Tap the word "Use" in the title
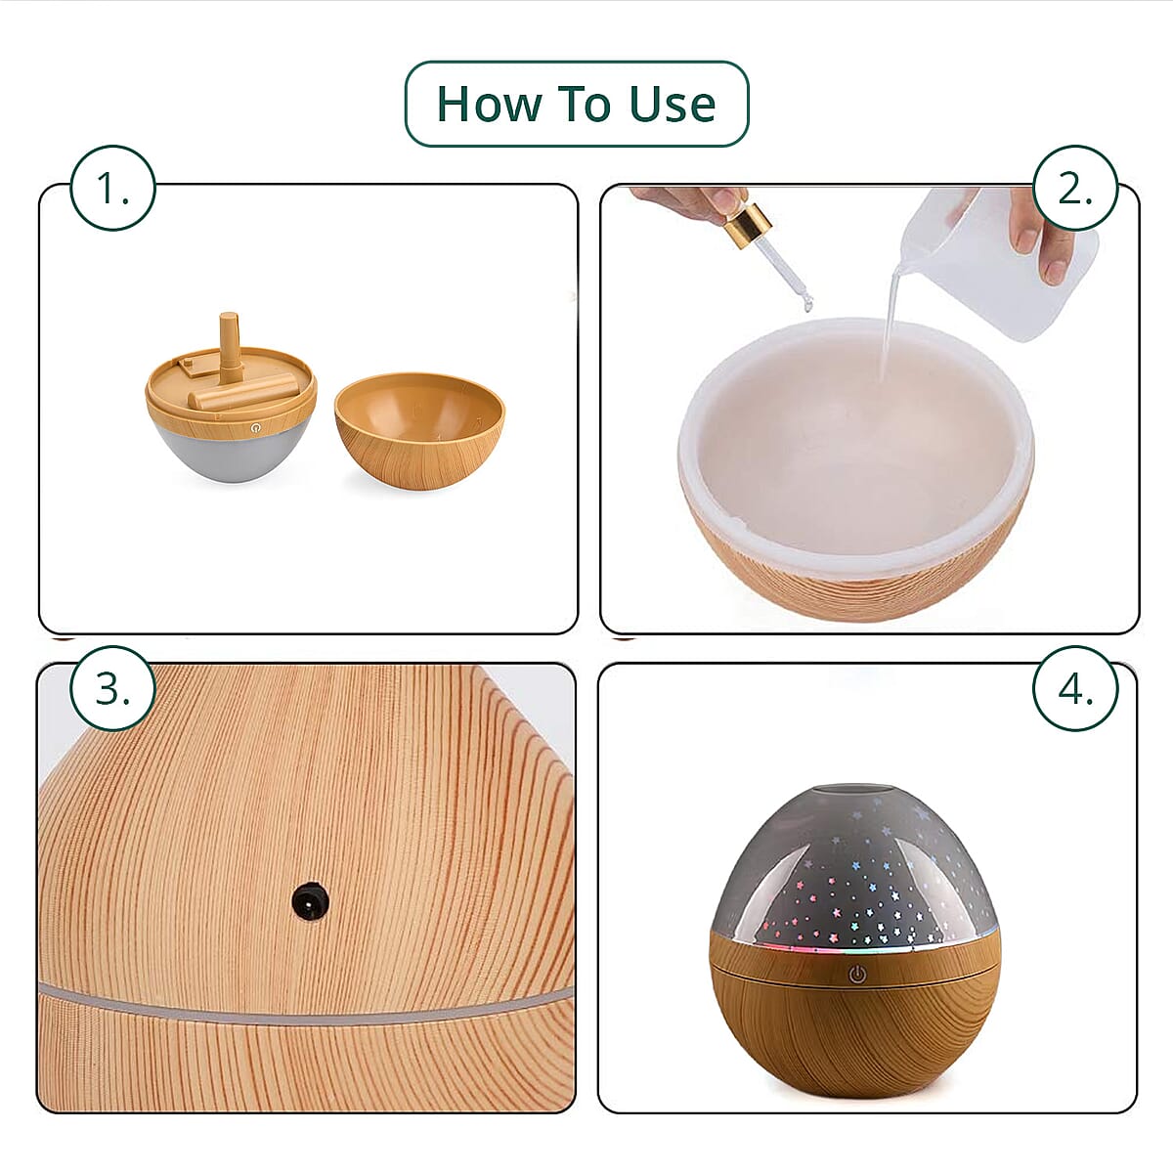672,104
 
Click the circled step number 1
113,189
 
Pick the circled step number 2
1075,189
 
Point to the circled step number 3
113,688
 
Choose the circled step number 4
1075,688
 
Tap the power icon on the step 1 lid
256,428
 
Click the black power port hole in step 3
310,900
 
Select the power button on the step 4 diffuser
856,974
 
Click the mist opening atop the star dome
856,790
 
